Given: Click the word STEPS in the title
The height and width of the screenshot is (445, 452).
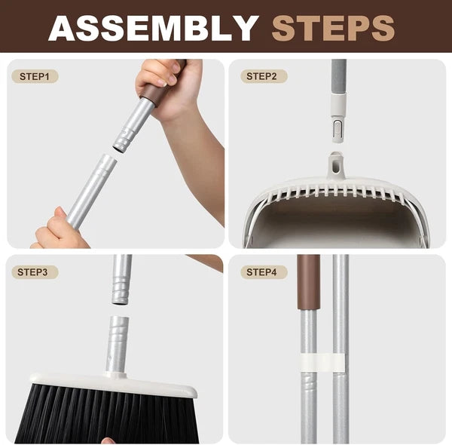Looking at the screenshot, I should pyautogui.click(x=333, y=28).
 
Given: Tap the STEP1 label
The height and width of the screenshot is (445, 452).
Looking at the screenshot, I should pyautogui.click(x=34, y=76).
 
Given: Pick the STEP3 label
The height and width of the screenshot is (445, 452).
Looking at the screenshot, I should pyautogui.click(x=34, y=272).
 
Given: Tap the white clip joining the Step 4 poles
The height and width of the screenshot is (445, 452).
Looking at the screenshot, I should pyautogui.click(x=324, y=363).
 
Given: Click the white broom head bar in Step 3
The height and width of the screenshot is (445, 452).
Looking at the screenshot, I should pyautogui.click(x=113, y=385).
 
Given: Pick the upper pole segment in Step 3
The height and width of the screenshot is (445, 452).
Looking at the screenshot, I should pyautogui.click(x=121, y=279).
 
